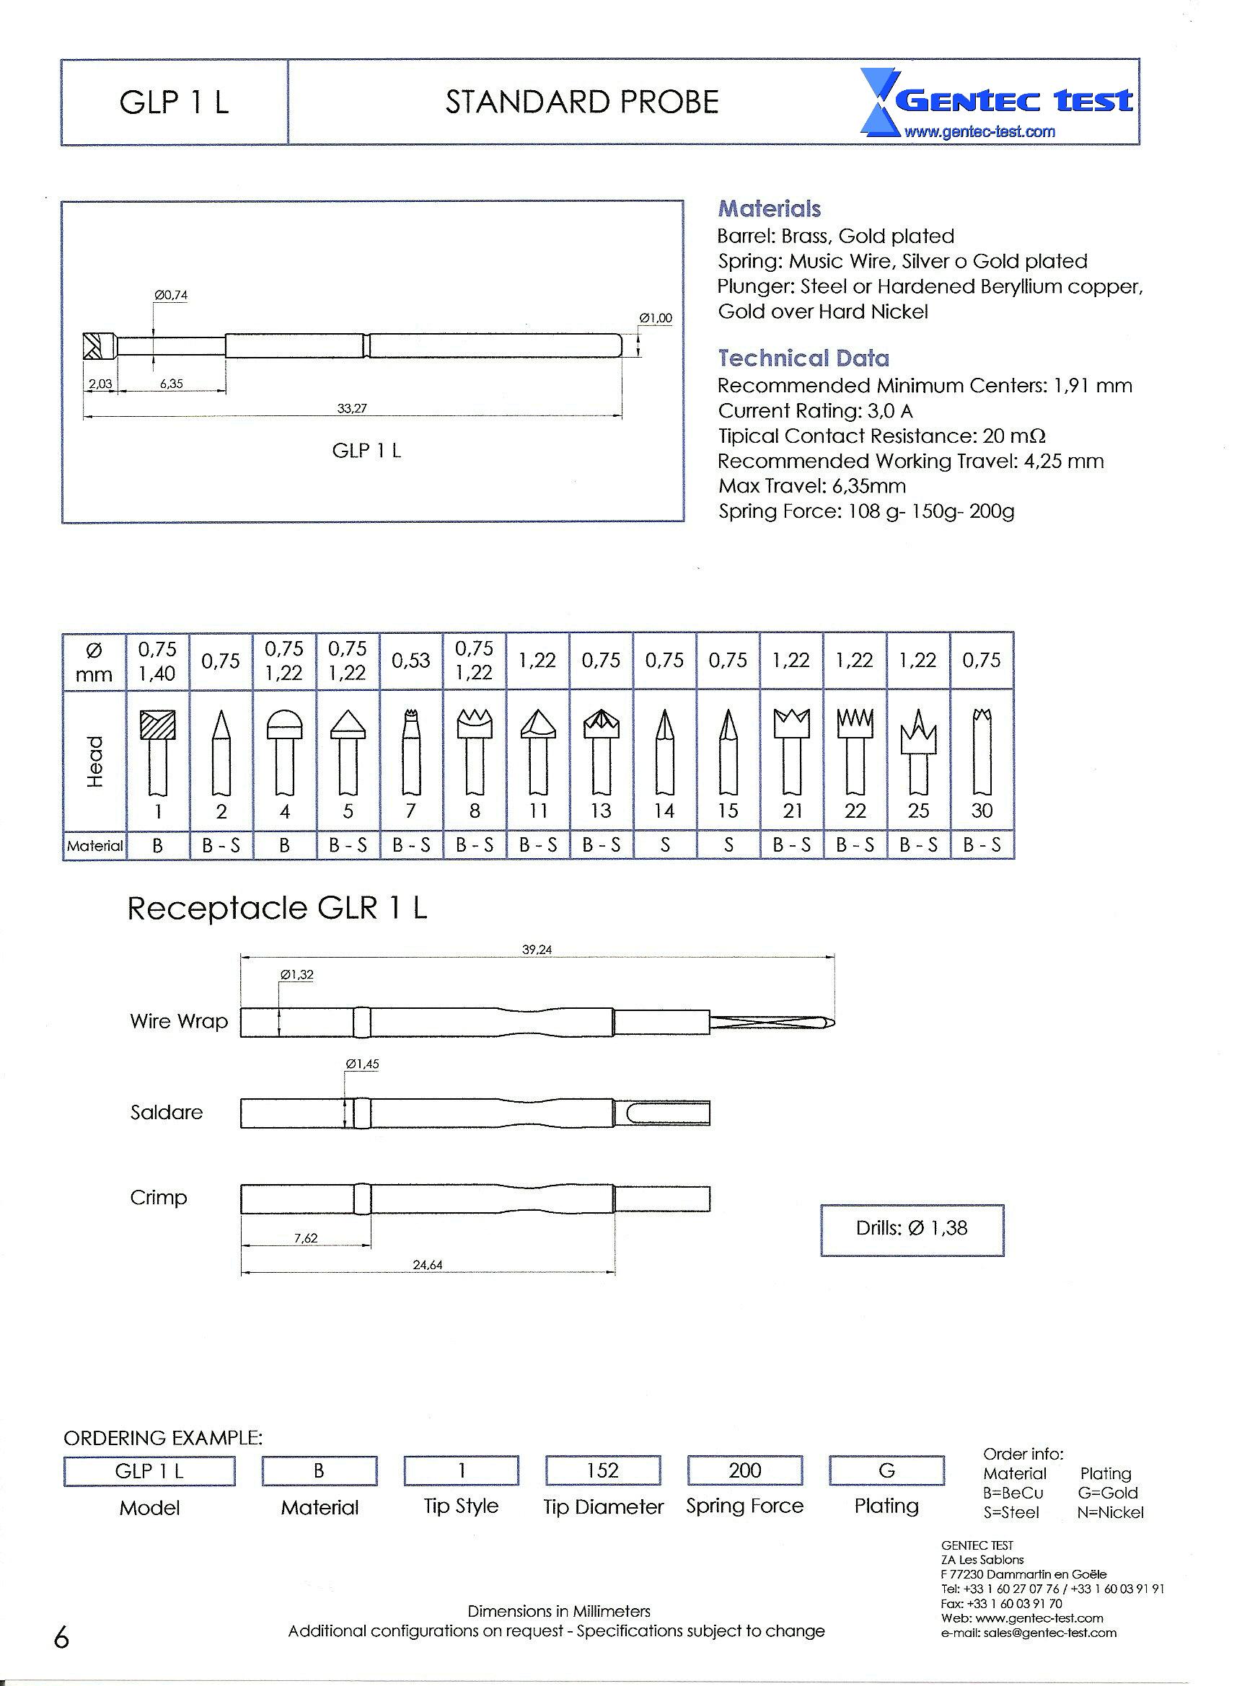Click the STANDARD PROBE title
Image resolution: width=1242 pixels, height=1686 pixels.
(x=582, y=102)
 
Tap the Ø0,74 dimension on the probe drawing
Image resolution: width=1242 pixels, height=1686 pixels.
(x=171, y=296)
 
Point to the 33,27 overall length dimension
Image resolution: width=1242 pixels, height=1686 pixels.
(x=352, y=408)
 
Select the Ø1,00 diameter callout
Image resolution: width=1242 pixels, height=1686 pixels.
(x=655, y=318)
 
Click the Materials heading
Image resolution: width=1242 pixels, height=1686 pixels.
(x=769, y=209)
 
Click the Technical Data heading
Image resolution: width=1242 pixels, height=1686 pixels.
(x=803, y=358)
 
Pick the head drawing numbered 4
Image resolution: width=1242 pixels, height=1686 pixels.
(x=284, y=751)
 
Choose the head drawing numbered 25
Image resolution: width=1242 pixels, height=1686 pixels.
(x=918, y=751)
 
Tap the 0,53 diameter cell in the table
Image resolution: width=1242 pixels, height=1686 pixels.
(x=411, y=661)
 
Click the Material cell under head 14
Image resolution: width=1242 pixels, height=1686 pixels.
(x=664, y=846)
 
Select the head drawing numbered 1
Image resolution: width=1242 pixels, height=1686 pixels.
(x=158, y=751)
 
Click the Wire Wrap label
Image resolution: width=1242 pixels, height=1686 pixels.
(x=178, y=1021)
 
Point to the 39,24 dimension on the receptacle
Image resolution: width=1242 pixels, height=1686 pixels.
(x=537, y=949)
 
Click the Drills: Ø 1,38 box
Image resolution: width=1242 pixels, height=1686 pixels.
(x=911, y=1228)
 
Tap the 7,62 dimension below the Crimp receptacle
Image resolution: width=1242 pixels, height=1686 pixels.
(x=306, y=1238)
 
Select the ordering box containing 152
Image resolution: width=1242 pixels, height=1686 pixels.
(x=603, y=1470)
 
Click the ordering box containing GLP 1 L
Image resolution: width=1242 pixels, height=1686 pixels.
(x=149, y=1471)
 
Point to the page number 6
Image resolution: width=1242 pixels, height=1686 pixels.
(x=61, y=1636)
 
